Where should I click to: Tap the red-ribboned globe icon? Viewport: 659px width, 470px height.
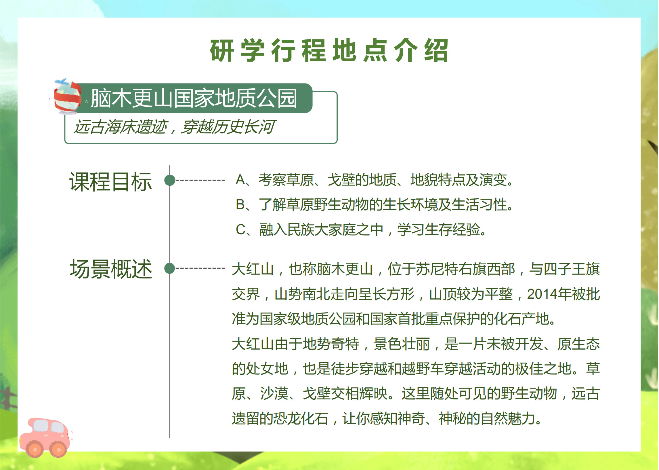coord(67,97)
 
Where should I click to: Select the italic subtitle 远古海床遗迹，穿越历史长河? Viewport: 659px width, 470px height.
coord(174,127)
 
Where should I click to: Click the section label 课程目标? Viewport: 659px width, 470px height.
coord(111,182)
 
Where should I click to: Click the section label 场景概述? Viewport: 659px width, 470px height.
coord(111,269)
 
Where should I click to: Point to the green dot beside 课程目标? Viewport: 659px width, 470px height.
coord(170,180)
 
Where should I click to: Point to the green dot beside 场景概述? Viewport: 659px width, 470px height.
coord(170,268)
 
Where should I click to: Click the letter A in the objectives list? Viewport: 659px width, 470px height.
coord(240,180)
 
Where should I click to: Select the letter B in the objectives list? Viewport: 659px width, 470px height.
coord(240,204)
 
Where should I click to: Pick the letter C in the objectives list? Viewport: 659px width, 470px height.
coord(241,230)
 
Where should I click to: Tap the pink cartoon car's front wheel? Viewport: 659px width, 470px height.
coord(58,449)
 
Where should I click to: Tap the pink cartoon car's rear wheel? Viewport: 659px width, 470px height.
coord(35,449)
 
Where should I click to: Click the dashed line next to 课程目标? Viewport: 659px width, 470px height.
coord(200,180)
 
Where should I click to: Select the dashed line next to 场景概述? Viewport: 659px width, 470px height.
coord(200,268)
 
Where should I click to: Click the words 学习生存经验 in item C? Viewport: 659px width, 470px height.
coord(439,230)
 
